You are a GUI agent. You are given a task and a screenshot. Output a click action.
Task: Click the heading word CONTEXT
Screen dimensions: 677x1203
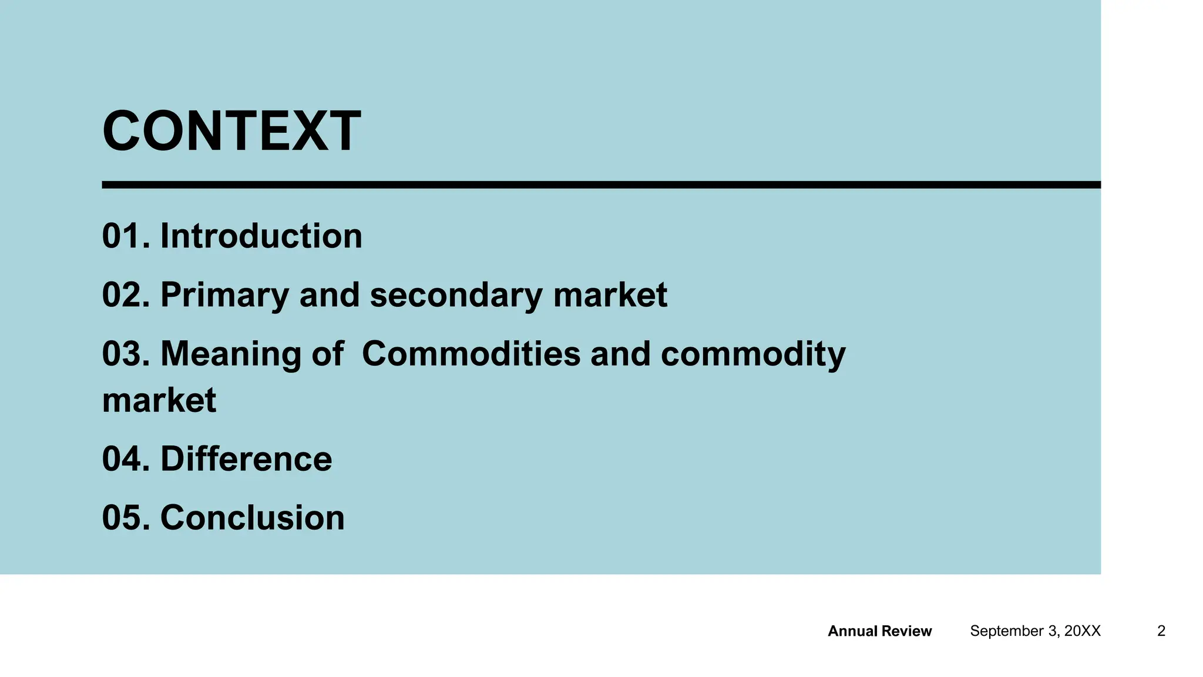pyautogui.click(x=231, y=131)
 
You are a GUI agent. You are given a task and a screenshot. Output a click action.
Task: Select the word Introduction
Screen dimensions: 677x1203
pyautogui.click(x=261, y=236)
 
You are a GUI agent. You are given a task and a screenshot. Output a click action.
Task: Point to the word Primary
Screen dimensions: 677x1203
pyautogui.click(x=224, y=295)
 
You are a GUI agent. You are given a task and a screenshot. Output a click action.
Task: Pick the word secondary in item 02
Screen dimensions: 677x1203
pyautogui.click(x=456, y=295)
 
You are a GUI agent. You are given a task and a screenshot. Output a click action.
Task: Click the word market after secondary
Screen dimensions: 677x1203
pyautogui.click(x=610, y=295)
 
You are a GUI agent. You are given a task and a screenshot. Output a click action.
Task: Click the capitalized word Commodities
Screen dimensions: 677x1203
pyautogui.click(x=471, y=354)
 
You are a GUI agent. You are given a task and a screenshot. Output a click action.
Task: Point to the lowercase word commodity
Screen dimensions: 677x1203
pyautogui.click(x=753, y=354)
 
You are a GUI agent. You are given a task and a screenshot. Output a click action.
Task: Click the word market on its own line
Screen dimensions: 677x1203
pyautogui.click(x=159, y=401)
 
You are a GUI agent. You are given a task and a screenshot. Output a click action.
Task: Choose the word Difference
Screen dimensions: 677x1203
pyautogui.click(x=246, y=460)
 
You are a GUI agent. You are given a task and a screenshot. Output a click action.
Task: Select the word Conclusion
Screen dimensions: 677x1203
pyautogui.click(x=252, y=518)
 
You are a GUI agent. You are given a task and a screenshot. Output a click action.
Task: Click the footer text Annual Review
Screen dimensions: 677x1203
pyautogui.click(x=879, y=631)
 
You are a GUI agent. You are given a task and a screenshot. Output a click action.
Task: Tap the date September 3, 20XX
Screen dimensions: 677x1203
pyautogui.click(x=1035, y=631)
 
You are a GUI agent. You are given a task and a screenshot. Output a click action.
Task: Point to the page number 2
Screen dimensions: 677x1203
pyautogui.click(x=1161, y=631)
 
